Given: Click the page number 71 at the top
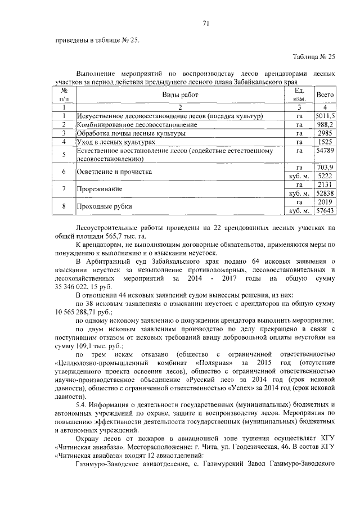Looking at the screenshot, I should pyautogui.click(x=206, y=23).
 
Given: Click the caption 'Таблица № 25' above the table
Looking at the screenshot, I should pyautogui.click(x=314, y=57).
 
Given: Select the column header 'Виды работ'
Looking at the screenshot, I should pyautogui.click(x=181, y=96).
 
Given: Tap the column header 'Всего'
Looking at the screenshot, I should pyautogui.click(x=325, y=96).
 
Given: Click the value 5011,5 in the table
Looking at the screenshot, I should pyautogui.click(x=325, y=116).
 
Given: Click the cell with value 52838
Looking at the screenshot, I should pyautogui.click(x=325, y=193).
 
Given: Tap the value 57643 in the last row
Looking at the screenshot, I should pyautogui.click(x=325, y=211).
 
